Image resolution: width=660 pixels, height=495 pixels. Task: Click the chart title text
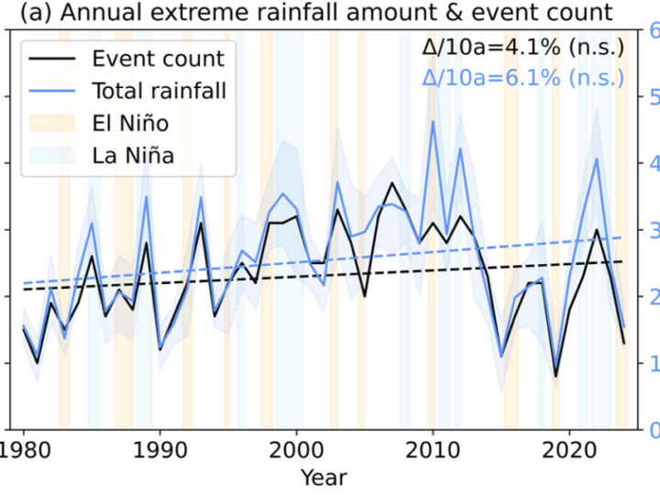(x=316, y=12)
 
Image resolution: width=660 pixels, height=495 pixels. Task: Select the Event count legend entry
(x=126, y=58)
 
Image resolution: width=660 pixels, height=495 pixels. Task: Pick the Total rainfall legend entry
(x=127, y=91)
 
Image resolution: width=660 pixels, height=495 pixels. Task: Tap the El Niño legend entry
(x=99, y=123)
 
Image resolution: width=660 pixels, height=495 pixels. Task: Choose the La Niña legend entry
(x=102, y=155)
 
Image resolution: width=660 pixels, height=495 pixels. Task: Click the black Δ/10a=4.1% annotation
(x=523, y=47)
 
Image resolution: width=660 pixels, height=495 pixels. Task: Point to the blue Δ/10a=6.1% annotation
(x=523, y=78)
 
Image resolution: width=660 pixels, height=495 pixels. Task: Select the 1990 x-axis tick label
(x=159, y=451)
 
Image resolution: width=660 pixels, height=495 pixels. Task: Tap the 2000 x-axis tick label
(x=296, y=451)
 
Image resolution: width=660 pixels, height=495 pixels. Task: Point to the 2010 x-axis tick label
(x=433, y=451)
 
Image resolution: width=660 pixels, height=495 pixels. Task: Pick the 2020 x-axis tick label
(x=569, y=451)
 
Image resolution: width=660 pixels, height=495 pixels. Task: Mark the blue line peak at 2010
(x=433, y=121)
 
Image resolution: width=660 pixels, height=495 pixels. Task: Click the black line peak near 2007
(x=392, y=182)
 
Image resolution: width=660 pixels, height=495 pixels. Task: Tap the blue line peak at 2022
(x=597, y=159)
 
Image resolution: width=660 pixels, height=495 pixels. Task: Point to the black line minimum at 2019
(x=555, y=377)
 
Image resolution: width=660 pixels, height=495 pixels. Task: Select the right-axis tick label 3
(x=654, y=230)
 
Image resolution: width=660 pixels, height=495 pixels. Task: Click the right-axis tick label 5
(x=654, y=97)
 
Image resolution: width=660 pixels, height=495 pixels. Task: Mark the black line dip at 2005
(x=365, y=296)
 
